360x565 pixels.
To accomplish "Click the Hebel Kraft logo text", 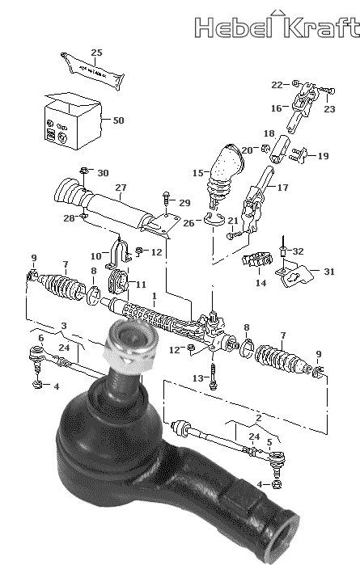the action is [277, 27].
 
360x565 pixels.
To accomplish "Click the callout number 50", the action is [118, 120].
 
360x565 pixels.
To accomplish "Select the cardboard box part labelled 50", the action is [73, 121].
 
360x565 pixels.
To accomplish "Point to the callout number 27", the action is [121, 188].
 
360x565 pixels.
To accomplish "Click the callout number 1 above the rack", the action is [155, 296].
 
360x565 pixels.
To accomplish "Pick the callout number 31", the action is [329, 271].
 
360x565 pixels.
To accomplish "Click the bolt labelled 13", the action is [214, 376].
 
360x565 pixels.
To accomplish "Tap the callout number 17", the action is [283, 188].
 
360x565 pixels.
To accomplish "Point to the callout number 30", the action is [103, 173].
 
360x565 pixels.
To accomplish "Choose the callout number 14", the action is [260, 283].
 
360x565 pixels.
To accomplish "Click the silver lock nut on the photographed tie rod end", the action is [131, 347].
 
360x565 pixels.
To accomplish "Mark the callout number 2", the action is [258, 418].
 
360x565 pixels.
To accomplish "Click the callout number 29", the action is [184, 203].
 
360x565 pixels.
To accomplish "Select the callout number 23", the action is [329, 109].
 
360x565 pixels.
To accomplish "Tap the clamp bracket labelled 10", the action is [118, 254].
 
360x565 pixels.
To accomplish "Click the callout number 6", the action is [41, 338].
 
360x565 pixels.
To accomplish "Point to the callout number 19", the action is [324, 156].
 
